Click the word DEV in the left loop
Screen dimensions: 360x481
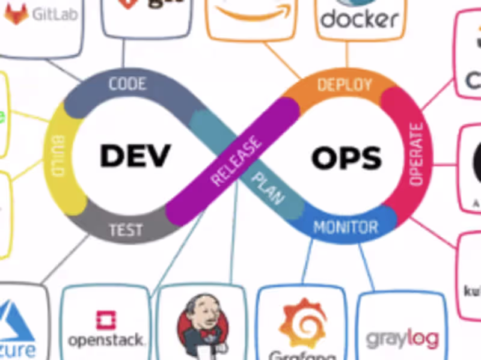[x=135, y=156]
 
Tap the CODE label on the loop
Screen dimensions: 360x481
[x=127, y=84]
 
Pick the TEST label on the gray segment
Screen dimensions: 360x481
[x=126, y=230]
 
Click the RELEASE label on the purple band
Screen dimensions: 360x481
[x=236, y=162]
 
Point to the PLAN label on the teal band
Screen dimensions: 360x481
[x=268, y=189]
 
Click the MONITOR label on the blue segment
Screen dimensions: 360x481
[x=346, y=227]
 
